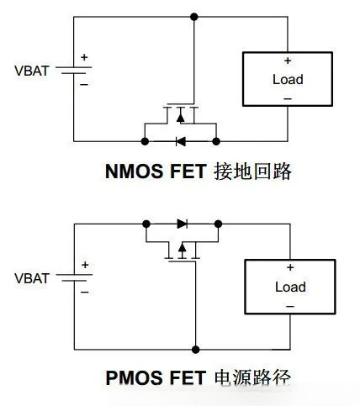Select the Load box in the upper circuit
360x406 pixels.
click(x=288, y=80)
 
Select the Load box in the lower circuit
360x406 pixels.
click(x=289, y=287)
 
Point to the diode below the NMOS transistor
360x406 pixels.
click(x=180, y=140)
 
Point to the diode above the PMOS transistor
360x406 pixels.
click(x=182, y=224)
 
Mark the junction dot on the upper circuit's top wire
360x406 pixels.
click(x=194, y=16)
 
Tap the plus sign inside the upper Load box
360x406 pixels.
click(x=288, y=61)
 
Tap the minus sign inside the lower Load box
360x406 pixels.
click(x=289, y=306)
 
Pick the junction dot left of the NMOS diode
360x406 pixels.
click(x=145, y=140)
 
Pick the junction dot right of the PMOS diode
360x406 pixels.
click(x=218, y=224)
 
